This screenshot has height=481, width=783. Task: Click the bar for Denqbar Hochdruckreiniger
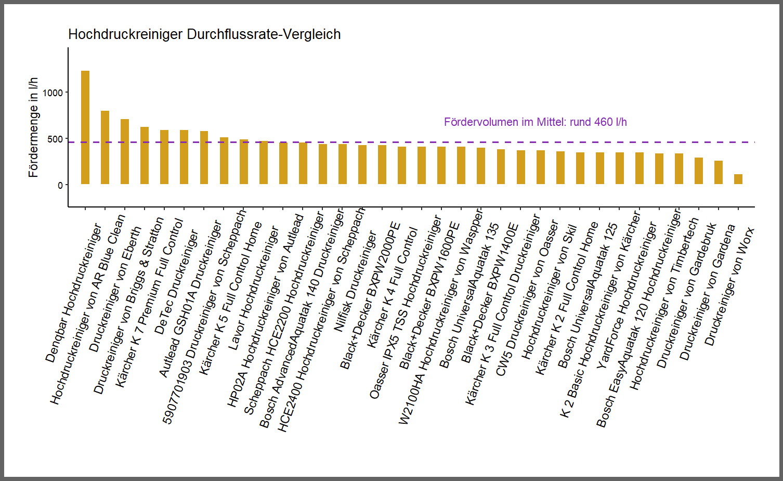85,127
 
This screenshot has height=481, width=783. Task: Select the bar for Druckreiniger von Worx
738,179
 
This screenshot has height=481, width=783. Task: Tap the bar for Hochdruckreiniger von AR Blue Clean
105,147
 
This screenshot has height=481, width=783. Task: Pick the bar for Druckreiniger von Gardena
718,172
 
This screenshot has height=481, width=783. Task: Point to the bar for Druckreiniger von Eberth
125,151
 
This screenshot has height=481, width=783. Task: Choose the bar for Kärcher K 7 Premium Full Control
164,157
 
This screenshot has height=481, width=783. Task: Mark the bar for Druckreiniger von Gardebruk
698,171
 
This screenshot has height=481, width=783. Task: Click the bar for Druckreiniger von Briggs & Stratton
145,155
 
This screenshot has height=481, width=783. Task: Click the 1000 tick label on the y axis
53,93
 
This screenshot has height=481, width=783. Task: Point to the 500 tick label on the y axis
55,139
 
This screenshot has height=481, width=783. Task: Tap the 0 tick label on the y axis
60,186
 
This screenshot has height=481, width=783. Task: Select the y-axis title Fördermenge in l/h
33,127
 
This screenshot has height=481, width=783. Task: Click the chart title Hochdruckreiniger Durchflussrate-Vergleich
204,34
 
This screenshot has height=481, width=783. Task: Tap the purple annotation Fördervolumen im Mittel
535,122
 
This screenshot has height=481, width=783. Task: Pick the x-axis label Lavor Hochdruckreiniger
253,288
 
